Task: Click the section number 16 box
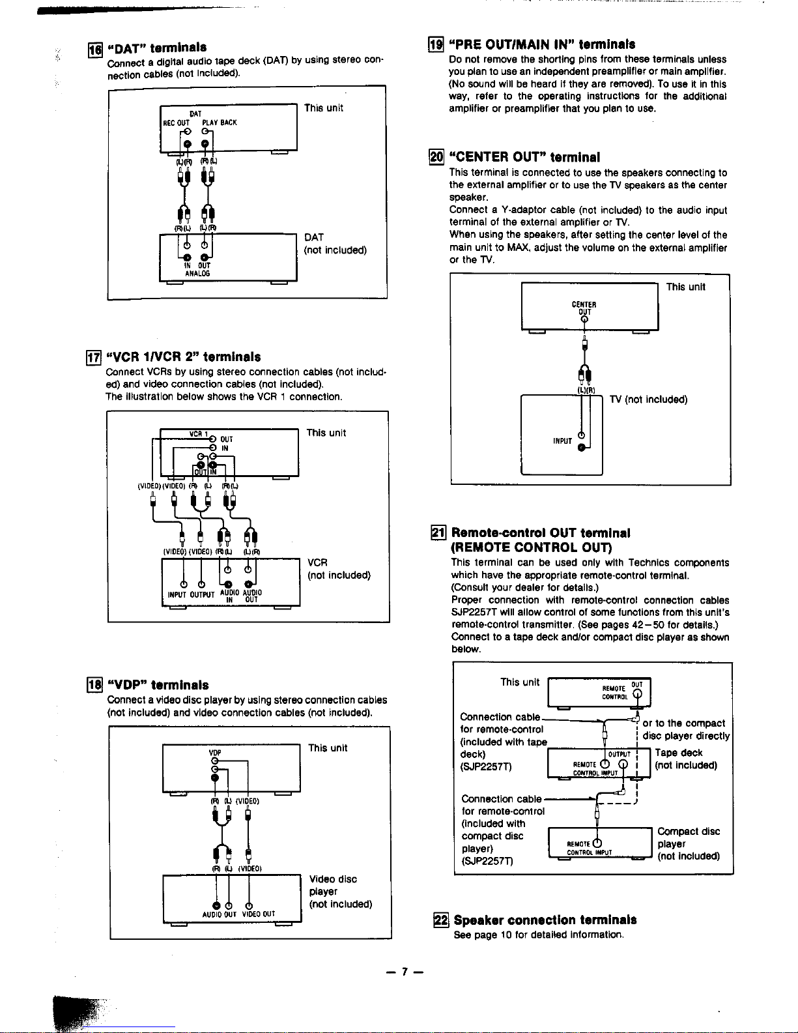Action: coord(95,48)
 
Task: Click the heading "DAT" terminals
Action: coord(157,48)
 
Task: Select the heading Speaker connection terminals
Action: coord(545,920)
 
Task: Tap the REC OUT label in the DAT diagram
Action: coord(175,123)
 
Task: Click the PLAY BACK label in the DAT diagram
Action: coord(220,123)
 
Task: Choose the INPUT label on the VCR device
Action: coord(178,594)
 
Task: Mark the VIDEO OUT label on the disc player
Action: coord(259,914)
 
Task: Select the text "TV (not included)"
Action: coord(648,399)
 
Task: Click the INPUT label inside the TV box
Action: coord(562,441)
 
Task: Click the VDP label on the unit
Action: coord(212,753)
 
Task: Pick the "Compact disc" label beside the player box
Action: coord(689,832)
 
